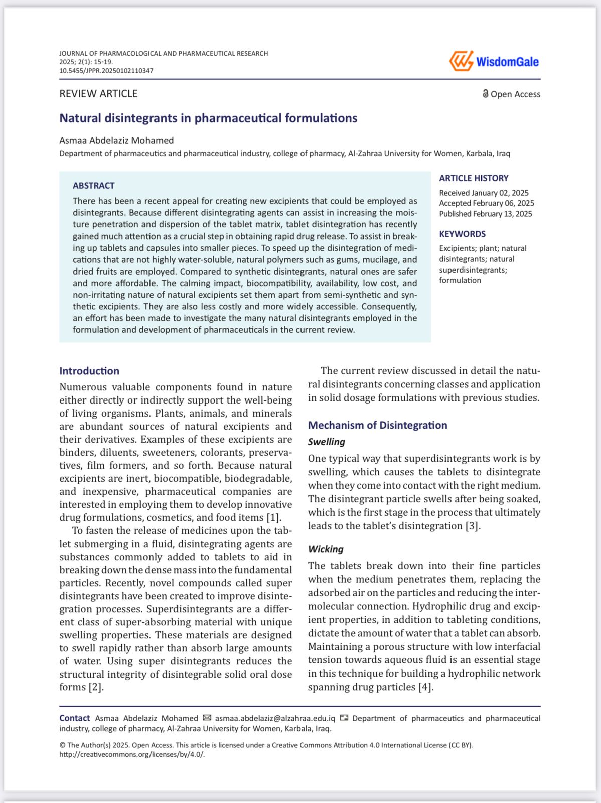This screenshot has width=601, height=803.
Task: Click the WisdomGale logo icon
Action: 461,61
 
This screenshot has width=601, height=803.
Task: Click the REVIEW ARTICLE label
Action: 98,94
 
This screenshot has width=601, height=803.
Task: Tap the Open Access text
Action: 515,94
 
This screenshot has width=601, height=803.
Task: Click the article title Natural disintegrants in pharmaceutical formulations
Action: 208,118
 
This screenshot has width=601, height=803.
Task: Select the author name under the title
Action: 116,141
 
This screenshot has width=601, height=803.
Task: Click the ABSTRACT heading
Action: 93,186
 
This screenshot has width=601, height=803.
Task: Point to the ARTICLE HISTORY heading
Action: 474,178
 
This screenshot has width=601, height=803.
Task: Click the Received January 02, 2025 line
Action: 484,193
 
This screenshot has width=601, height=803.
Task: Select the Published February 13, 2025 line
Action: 486,214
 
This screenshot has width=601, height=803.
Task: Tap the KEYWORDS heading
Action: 462,234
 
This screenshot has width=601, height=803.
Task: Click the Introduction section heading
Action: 89,371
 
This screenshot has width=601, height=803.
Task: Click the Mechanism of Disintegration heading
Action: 377,425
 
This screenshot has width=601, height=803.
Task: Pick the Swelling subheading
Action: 326,442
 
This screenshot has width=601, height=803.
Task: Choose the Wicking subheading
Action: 326,549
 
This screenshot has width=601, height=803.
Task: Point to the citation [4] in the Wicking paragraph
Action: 425,687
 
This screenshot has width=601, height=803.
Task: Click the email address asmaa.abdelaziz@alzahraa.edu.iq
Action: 275,719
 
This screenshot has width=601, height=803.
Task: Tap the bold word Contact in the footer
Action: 74,719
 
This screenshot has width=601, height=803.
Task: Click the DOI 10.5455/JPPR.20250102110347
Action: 106,71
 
